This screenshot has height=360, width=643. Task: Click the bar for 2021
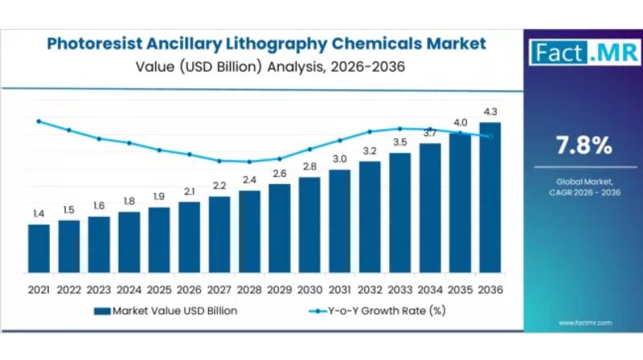point(39,250)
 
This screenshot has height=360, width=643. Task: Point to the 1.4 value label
point(39,214)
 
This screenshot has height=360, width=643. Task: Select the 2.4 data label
point(249,180)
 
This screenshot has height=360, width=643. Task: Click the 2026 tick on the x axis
point(189,288)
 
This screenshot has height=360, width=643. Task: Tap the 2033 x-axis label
point(400,288)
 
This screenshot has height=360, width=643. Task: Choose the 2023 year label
point(99,288)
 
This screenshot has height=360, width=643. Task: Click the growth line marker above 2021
point(39,121)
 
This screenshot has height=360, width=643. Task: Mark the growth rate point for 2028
point(249,162)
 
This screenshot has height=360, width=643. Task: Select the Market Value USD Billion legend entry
point(165,310)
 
